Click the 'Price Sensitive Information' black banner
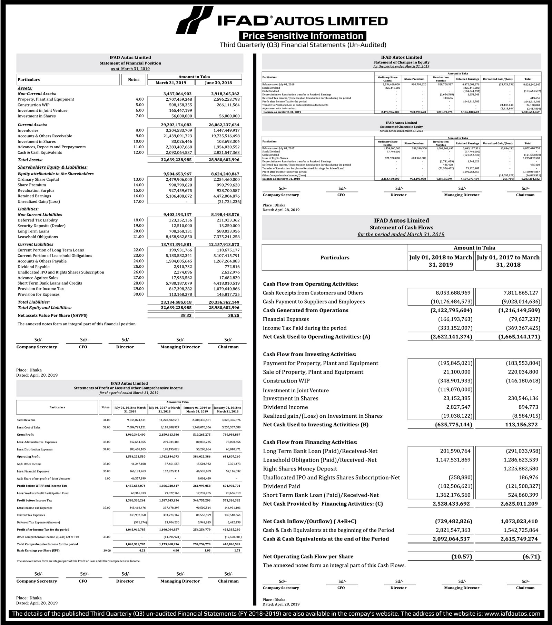point(303,36)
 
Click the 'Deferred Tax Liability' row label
point(38,220)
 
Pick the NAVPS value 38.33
point(187,316)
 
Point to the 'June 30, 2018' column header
point(218,83)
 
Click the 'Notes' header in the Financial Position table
point(134,80)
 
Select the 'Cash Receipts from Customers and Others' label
point(313,293)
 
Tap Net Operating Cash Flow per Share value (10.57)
point(461,556)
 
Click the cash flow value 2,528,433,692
point(451,504)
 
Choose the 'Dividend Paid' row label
point(281,486)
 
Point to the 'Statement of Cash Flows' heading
point(401,228)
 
